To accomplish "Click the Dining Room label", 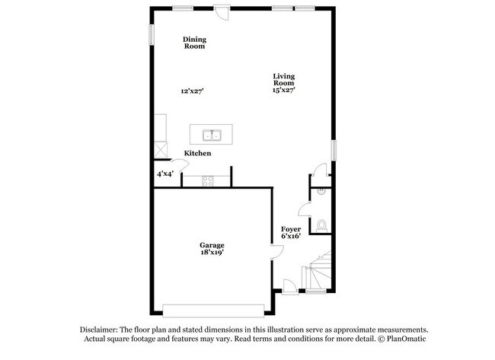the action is click(x=194, y=43).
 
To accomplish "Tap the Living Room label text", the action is click(x=284, y=79).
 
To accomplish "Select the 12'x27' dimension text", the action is click(x=192, y=91).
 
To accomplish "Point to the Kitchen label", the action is click(x=198, y=153).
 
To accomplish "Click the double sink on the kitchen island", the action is click(x=212, y=135).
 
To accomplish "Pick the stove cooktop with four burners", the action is click(x=208, y=181).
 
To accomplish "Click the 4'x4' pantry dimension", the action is click(x=165, y=174).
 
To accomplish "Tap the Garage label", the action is click(x=212, y=245).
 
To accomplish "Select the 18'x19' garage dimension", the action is click(x=212, y=253).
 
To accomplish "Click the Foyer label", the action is click(x=291, y=229).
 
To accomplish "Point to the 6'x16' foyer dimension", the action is click(x=291, y=236).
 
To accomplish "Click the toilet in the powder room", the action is click(x=321, y=226).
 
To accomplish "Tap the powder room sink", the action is click(x=321, y=191).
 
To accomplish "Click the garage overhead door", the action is click(x=213, y=311).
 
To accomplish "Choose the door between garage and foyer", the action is click(x=277, y=252).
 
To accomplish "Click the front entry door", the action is click(x=290, y=287).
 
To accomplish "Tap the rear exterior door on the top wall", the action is click(x=222, y=12).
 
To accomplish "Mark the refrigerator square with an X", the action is click(x=161, y=149).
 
